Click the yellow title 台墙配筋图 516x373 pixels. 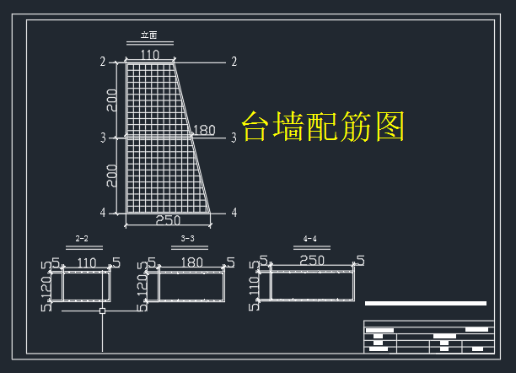[324, 127]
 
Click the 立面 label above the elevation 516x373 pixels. [149, 35]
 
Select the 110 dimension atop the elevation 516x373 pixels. [150, 55]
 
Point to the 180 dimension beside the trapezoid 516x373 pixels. [204, 131]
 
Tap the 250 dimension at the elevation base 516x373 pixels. [169, 220]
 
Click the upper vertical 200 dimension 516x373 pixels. [112, 100]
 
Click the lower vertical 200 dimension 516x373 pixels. [112, 176]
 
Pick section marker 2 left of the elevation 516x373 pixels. [103, 62]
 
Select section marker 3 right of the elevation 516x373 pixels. [234, 138]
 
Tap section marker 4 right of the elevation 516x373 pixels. [234, 212]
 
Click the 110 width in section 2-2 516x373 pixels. [87, 263]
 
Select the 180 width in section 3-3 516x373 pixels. [192, 263]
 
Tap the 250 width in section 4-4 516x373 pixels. [312, 261]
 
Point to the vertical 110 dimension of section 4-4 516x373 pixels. [254, 288]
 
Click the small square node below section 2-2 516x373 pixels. [102, 311]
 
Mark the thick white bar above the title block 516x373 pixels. [426, 303]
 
